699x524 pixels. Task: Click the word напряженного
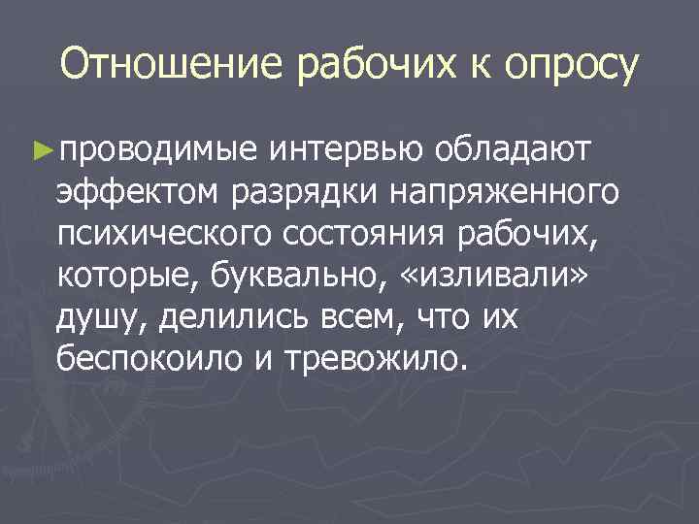coord(504,192)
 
